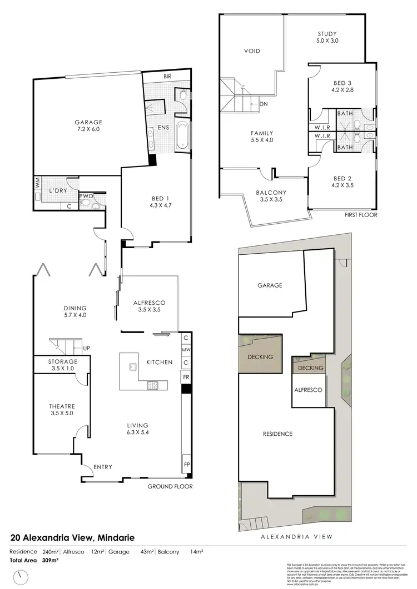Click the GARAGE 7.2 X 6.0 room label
(x=89, y=127)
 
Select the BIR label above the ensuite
(x=167, y=77)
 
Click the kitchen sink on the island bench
(x=132, y=366)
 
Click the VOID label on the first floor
(x=252, y=51)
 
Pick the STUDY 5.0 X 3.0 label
(x=327, y=37)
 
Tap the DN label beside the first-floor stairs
(x=264, y=104)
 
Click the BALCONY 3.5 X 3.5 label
(x=271, y=196)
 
